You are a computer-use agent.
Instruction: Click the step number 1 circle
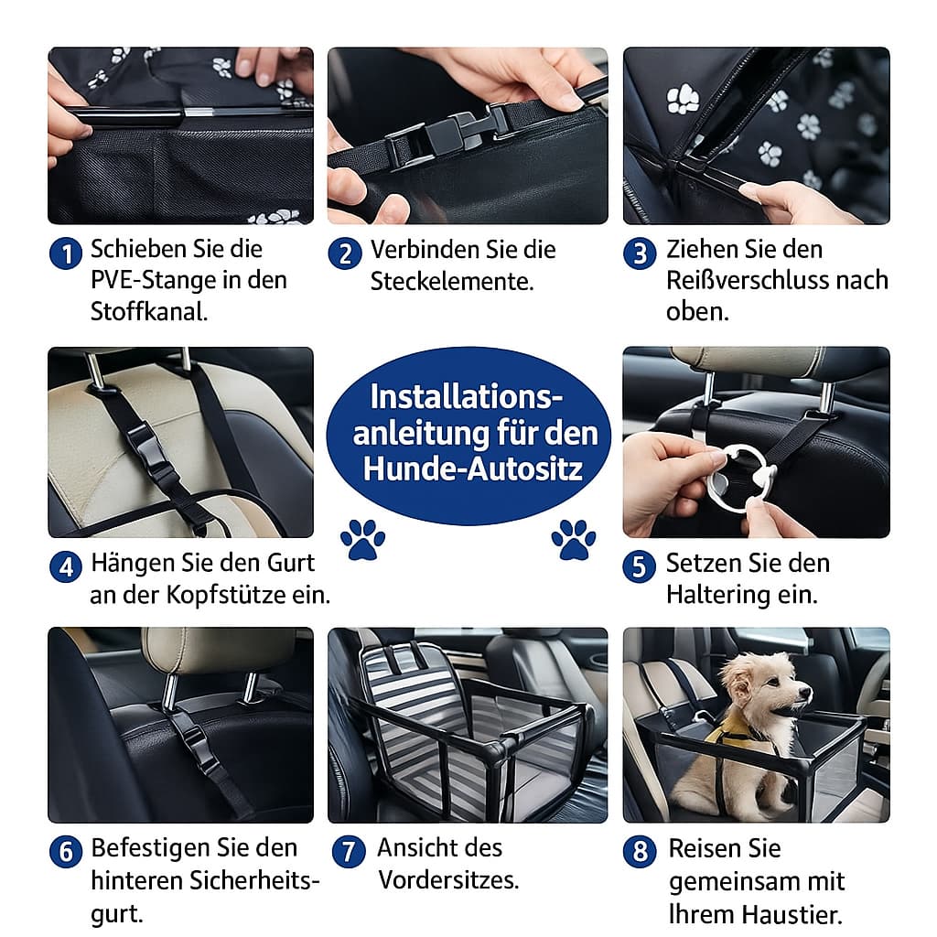click(65, 253)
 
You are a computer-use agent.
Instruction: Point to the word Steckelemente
click(451, 282)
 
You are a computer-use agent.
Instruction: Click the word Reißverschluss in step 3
click(755, 280)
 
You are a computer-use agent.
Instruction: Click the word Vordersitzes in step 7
click(448, 880)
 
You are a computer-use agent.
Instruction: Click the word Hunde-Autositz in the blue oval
click(472, 468)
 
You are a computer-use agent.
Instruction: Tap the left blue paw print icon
click(362, 540)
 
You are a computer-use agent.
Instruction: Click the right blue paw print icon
click(573, 540)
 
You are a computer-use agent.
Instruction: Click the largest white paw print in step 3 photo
click(683, 99)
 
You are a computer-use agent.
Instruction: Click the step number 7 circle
click(349, 851)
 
